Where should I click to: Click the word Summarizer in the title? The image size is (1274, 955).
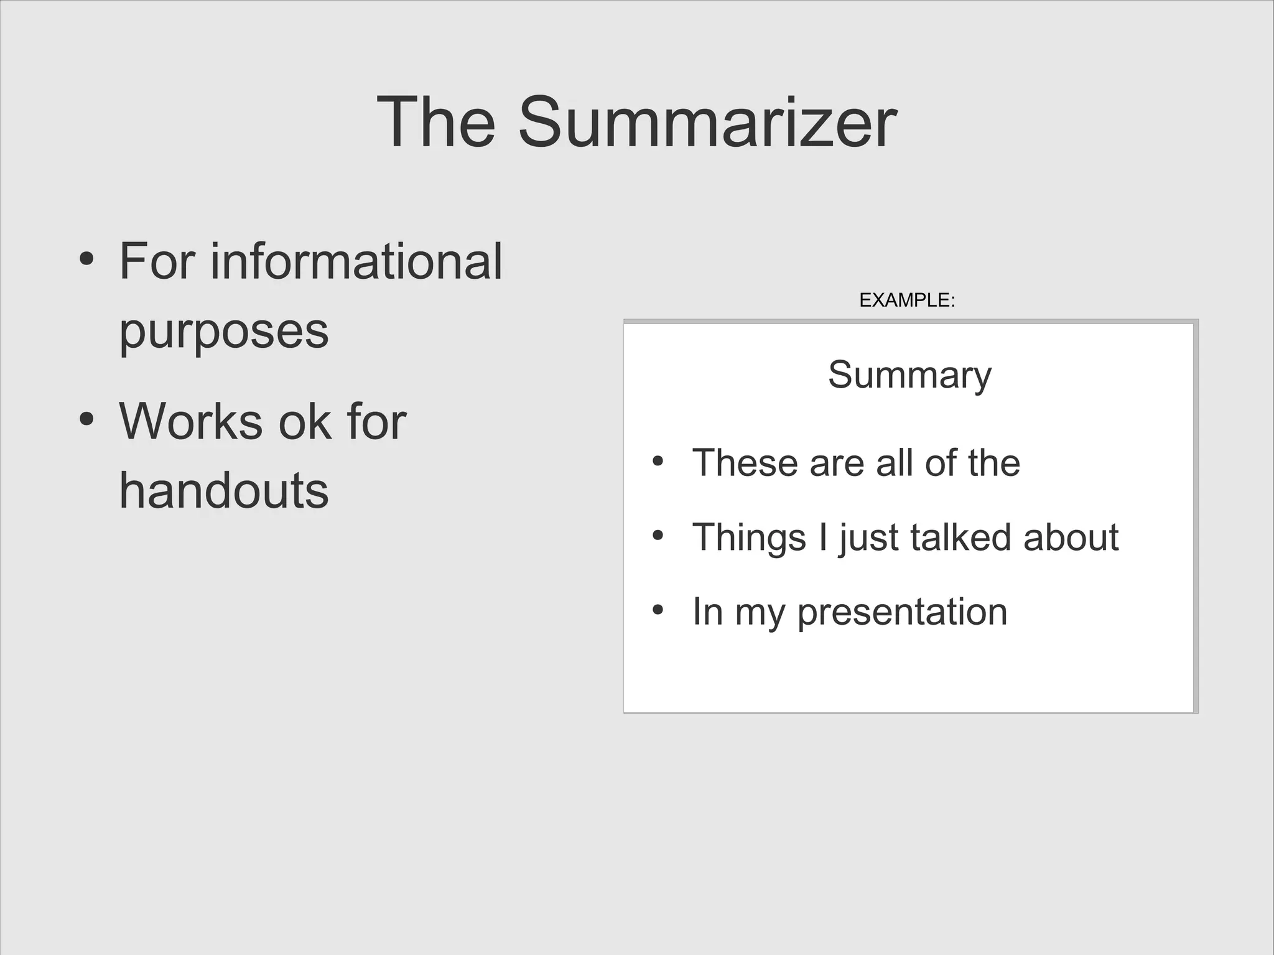[x=707, y=123]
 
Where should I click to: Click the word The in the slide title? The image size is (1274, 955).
[x=436, y=123]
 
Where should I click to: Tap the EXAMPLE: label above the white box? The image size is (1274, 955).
[x=906, y=300]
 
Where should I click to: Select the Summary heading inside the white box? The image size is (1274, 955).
[x=909, y=375]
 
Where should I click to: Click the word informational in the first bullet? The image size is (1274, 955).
[x=356, y=262]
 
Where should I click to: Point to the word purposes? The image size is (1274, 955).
[x=223, y=332]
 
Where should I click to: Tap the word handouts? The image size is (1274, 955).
[x=223, y=491]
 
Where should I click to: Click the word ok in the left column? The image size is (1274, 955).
[x=304, y=422]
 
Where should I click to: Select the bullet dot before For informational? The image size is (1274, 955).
[x=87, y=258]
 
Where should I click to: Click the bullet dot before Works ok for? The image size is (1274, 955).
[x=87, y=419]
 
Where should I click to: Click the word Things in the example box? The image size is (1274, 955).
[x=749, y=538]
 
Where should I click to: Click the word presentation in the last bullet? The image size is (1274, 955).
[x=902, y=612]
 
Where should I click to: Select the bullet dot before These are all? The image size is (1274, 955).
[x=658, y=462]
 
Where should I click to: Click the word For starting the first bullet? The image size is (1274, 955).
[x=157, y=262]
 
